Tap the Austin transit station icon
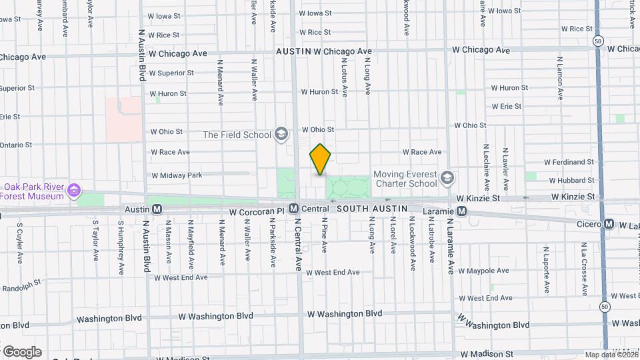coord(157,209)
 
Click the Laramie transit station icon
coord(461,211)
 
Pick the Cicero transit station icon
coord(608,224)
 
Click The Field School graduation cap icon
coord(281,135)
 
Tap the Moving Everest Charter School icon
coord(447,178)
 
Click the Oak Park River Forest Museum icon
coord(75,192)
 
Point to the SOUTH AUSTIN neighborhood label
coord(371,209)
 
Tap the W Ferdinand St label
coord(569,162)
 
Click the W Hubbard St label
coord(571,180)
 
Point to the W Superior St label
coord(171,73)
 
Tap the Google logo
coord(21,352)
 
